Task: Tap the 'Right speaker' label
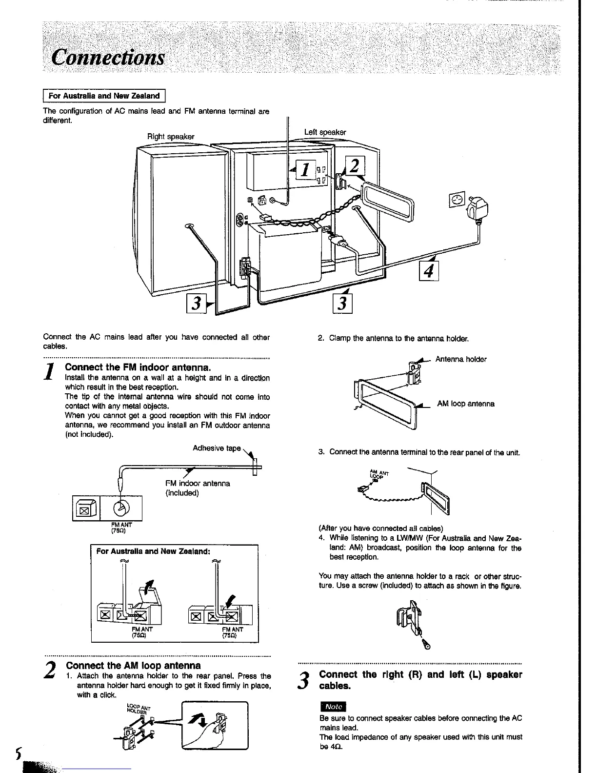pos(171,137)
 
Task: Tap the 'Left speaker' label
pos(325,132)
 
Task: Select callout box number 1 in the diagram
pos(304,169)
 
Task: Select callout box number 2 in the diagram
pos(354,166)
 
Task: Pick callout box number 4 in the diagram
pos(429,271)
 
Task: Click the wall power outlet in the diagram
pos(457,200)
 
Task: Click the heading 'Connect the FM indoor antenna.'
pos(138,367)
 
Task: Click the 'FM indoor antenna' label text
pos(198,483)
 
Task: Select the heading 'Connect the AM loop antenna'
pos(133,665)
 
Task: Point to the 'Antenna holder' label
pos(460,359)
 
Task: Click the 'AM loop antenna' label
pos(465,404)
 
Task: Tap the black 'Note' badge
pos(333,706)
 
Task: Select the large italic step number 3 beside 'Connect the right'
pos(303,680)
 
